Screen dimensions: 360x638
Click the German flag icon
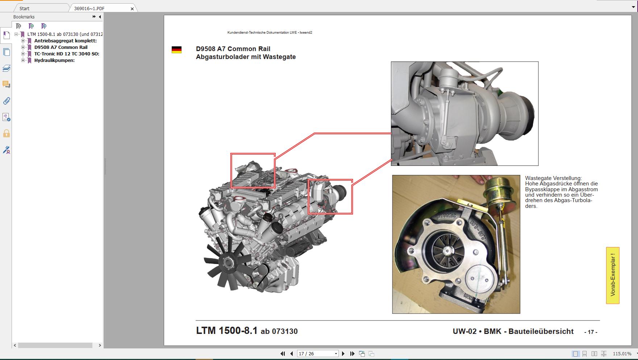(x=176, y=50)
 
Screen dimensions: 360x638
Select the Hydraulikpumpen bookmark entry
(x=54, y=60)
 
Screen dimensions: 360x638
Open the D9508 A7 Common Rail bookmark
(x=61, y=47)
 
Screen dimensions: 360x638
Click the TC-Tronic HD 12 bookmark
(x=66, y=54)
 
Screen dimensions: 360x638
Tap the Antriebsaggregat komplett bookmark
(x=65, y=41)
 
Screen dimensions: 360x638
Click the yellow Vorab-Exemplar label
(x=613, y=275)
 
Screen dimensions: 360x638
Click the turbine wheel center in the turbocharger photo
(x=448, y=250)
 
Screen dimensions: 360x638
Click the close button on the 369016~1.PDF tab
(x=132, y=8)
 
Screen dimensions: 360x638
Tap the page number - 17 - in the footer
(x=591, y=332)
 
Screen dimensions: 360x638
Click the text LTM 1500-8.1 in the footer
(x=227, y=331)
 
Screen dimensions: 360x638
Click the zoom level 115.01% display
(x=622, y=353)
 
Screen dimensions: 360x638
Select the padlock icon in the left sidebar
(x=7, y=134)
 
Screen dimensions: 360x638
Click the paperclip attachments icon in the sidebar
(x=7, y=101)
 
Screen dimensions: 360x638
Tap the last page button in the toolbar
(x=352, y=353)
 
